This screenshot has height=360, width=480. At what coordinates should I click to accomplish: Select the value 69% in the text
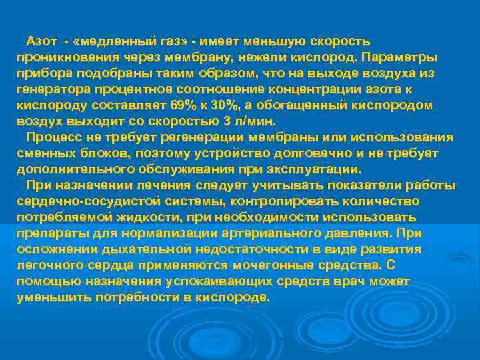pyautogui.click(x=180, y=105)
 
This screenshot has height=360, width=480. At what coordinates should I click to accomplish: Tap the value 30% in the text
pyautogui.click(x=229, y=105)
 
